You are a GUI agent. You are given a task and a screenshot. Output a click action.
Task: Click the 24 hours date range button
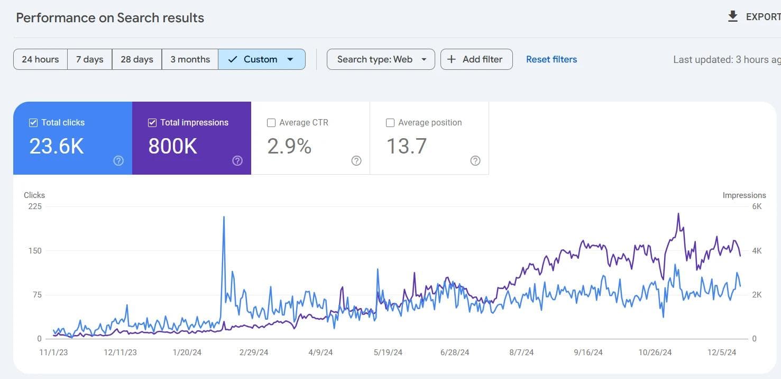click(40, 59)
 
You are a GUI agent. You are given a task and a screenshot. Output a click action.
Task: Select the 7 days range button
click(89, 59)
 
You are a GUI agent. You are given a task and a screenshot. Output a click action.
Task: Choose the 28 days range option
click(136, 59)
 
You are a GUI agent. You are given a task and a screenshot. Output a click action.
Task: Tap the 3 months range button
click(190, 59)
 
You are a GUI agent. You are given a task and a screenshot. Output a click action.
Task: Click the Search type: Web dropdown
click(381, 59)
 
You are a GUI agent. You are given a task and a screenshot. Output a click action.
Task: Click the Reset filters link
click(551, 59)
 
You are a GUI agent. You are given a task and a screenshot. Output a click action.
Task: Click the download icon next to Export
click(732, 17)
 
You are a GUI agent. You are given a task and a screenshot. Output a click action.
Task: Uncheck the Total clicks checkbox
click(33, 123)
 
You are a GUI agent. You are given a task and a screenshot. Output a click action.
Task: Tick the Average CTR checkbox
click(271, 123)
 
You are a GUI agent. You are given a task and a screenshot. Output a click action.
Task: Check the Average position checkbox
click(390, 123)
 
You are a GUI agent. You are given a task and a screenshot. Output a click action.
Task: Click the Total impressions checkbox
click(152, 123)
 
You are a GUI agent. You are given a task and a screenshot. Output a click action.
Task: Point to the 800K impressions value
click(172, 147)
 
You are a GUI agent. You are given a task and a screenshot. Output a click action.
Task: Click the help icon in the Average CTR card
click(356, 161)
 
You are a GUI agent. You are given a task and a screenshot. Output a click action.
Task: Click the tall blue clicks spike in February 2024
click(224, 217)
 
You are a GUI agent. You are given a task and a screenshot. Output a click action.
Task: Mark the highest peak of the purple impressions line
click(678, 214)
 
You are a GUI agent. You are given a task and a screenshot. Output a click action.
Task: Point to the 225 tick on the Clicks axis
click(35, 206)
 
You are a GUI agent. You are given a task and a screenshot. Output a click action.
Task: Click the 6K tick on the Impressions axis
click(757, 206)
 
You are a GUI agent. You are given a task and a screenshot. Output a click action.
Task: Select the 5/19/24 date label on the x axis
click(388, 353)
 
